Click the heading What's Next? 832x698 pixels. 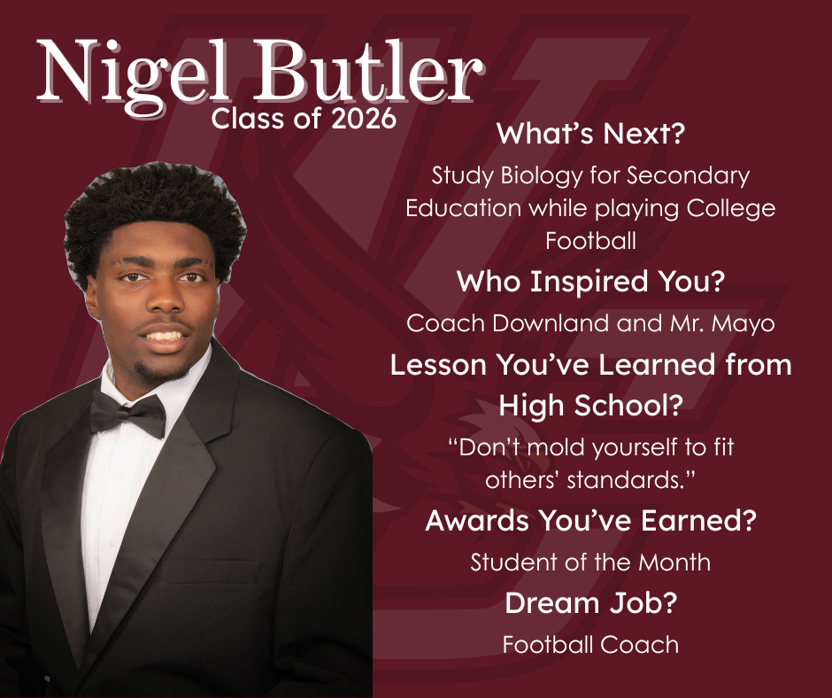click(x=591, y=136)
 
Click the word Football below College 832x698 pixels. click(x=590, y=240)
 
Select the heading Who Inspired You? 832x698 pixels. click(x=590, y=283)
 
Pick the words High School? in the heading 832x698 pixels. click(x=591, y=405)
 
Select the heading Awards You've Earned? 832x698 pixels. click(x=590, y=520)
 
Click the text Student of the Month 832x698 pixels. click(x=590, y=562)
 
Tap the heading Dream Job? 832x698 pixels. click(x=590, y=603)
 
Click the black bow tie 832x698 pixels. click(x=128, y=413)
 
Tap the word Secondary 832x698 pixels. click(x=688, y=175)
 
